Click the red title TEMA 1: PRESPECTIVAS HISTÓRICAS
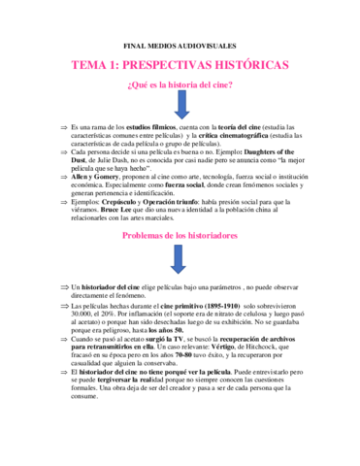coord(180,66)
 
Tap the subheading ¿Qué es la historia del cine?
coord(180,87)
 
